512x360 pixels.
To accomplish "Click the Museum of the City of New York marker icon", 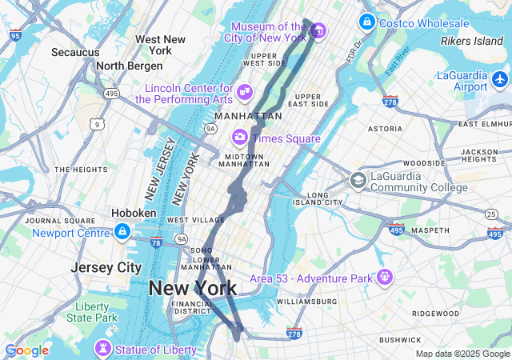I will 318,31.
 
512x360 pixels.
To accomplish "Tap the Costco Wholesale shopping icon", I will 367,22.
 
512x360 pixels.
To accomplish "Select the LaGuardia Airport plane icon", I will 501,79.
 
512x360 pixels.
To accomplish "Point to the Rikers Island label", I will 472,41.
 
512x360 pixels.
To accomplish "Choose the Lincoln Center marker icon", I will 245,94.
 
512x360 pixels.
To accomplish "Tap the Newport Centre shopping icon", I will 122,233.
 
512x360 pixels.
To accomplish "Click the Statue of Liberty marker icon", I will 102,350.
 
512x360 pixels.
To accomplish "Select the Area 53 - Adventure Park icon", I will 386,278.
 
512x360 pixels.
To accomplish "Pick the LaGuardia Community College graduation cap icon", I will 358,181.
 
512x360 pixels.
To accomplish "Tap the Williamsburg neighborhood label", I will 307,302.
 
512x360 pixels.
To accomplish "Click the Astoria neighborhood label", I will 385,128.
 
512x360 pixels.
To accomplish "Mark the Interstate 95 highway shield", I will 16,35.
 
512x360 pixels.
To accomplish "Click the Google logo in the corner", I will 26,350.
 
